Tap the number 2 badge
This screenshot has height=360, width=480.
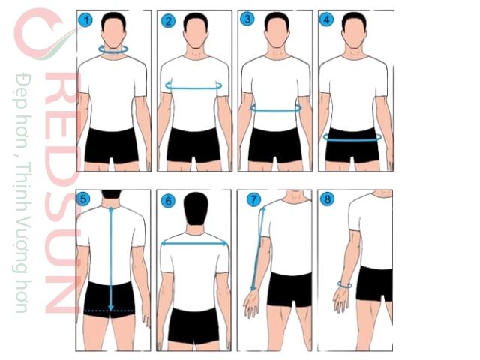click(x=168, y=21)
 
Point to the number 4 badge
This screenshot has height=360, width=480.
click(x=326, y=20)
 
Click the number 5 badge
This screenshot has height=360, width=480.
click(x=85, y=200)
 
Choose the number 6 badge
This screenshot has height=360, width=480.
click(x=168, y=200)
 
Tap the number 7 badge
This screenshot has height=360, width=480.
click(x=254, y=200)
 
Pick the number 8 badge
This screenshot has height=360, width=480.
click(x=326, y=200)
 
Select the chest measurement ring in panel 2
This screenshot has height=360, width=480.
click(x=193, y=86)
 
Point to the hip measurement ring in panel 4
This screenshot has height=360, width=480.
click(x=352, y=138)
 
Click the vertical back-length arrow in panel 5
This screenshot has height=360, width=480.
click(x=111, y=255)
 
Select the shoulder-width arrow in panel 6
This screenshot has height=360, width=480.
click(x=194, y=242)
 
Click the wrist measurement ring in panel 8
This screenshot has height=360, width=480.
click(x=345, y=284)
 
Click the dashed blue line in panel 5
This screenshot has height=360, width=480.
click(x=109, y=310)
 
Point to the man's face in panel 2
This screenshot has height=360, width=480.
click(x=194, y=31)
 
